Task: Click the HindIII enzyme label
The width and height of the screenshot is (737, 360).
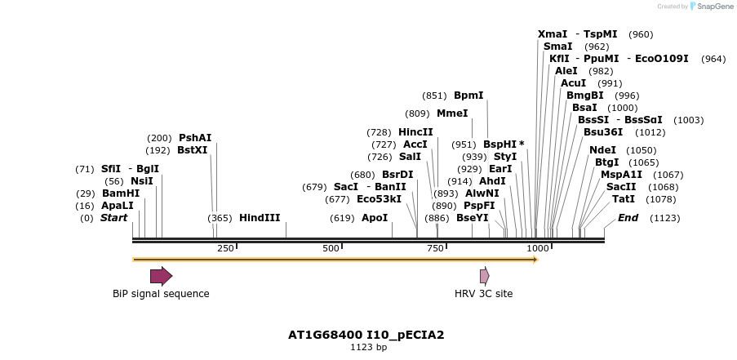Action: click(x=260, y=218)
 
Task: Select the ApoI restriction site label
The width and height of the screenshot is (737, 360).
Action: click(x=375, y=218)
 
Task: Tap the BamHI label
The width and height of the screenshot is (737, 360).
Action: click(x=121, y=193)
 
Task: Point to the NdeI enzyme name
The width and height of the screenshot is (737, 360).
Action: click(x=602, y=150)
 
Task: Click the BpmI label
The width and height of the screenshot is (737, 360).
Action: click(x=468, y=96)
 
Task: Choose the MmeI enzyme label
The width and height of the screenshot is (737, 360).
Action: click(x=452, y=113)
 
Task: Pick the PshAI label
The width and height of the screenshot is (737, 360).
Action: click(x=195, y=138)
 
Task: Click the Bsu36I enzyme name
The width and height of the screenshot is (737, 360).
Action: click(x=603, y=132)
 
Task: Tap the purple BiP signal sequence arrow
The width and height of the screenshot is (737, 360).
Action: click(x=161, y=275)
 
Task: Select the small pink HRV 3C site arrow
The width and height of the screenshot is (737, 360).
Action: click(x=485, y=275)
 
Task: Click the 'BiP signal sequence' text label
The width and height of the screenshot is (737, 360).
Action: click(x=161, y=294)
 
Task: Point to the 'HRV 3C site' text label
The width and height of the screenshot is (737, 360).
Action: click(x=484, y=294)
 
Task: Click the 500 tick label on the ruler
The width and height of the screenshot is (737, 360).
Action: click(x=331, y=248)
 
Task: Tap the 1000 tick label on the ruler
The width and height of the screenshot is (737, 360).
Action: click(x=538, y=248)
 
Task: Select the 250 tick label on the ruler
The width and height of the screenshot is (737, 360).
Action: click(x=225, y=248)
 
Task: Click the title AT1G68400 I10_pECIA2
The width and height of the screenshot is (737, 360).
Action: click(x=366, y=335)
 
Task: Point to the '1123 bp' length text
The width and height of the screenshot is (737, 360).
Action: click(x=368, y=348)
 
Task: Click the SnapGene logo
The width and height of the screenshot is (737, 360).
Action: click(x=708, y=7)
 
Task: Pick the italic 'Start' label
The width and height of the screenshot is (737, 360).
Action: click(x=114, y=218)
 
